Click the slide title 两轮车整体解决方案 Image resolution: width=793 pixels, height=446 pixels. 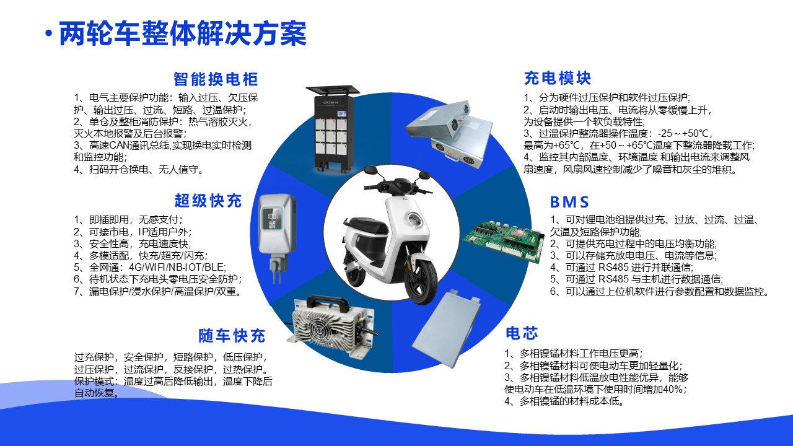183,33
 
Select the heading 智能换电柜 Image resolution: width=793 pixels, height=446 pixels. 216,79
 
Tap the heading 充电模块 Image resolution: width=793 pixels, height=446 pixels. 558,78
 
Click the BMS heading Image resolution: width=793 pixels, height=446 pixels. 569,202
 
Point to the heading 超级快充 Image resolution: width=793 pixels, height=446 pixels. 208,201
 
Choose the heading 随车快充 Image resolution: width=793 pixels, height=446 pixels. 232,336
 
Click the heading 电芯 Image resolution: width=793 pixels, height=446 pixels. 522,333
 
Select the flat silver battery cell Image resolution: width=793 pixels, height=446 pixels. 447,328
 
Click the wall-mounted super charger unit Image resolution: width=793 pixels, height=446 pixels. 277,237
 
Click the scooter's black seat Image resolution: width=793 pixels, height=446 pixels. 365,226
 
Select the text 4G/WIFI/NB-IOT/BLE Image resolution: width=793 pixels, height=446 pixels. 177,267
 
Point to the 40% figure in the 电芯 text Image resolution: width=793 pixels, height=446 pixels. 672,390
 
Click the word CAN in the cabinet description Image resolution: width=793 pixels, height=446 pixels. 120,145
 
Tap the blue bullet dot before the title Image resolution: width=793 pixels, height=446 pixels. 49,33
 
